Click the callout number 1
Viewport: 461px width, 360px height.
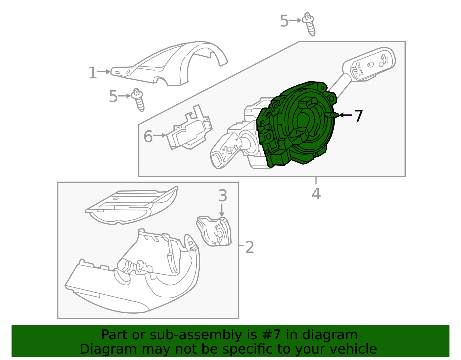click(x=92, y=73)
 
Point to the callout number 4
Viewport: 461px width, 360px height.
click(x=316, y=193)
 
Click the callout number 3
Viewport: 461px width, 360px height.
click(x=223, y=195)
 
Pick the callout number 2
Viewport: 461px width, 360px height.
click(x=250, y=247)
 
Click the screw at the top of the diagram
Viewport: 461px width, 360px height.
click(x=309, y=24)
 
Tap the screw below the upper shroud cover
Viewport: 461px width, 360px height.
click(x=138, y=100)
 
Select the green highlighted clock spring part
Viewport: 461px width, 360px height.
click(x=296, y=124)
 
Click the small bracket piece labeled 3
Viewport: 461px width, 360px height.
click(x=214, y=231)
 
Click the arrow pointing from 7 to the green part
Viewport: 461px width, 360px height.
click(x=345, y=115)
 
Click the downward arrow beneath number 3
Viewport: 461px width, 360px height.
click(x=222, y=210)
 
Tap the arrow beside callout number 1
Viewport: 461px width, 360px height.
click(x=104, y=72)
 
